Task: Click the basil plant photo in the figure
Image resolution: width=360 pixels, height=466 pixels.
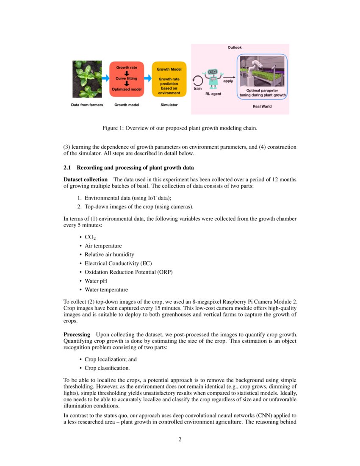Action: click(x=87, y=79)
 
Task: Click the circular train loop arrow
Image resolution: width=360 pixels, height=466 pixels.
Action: click(x=198, y=80)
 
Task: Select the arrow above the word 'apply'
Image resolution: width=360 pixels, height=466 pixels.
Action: click(x=228, y=76)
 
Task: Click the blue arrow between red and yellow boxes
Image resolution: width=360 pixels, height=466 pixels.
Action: click(x=147, y=78)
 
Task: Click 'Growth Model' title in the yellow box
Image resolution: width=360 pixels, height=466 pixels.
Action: click(x=169, y=69)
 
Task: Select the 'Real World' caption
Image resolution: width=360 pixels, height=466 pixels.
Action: click(x=262, y=106)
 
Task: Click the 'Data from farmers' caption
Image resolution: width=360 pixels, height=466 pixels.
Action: click(x=87, y=105)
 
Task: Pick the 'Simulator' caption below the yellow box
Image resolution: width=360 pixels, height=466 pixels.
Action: click(x=169, y=105)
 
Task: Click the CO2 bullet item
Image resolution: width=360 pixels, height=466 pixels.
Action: click(x=90, y=237)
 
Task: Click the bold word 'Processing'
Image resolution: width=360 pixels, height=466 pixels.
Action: click(x=77, y=335)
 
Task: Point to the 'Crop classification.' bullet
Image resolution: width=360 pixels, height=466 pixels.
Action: click(x=107, y=368)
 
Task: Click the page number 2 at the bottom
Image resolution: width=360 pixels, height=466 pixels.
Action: click(x=180, y=439)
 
